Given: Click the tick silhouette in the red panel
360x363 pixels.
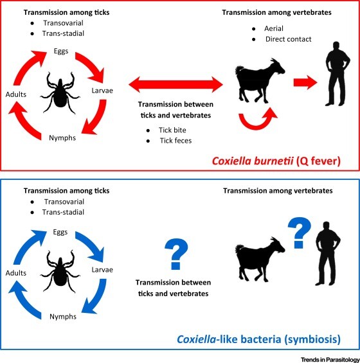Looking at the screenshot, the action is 60,93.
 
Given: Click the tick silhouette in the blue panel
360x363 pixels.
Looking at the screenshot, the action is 60,272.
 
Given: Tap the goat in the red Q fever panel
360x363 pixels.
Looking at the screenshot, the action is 260,80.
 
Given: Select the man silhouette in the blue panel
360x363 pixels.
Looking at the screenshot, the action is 328,254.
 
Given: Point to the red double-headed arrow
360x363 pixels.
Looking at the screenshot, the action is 175,85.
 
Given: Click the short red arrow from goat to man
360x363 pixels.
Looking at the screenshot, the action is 305,82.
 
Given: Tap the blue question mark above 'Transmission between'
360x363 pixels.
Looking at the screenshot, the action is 176,254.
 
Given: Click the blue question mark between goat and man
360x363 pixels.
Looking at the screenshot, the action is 300,233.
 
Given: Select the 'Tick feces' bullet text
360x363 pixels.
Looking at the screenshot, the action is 175,141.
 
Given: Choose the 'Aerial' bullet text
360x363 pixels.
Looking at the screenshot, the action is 274,28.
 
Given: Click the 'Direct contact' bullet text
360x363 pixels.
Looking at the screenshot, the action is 288,39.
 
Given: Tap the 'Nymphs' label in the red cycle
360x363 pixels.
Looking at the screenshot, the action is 62,138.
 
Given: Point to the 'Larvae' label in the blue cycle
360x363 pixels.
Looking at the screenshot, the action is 102,270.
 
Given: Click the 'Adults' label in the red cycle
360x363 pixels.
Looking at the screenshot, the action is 16,94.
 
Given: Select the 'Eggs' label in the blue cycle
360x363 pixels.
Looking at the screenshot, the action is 60,232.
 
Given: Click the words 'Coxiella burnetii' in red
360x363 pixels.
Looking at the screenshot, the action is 253,161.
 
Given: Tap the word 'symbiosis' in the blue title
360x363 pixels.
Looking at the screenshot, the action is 312,339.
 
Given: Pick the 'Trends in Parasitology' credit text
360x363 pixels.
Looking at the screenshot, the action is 330,360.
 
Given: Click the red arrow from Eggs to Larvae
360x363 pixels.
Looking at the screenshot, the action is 91,66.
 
